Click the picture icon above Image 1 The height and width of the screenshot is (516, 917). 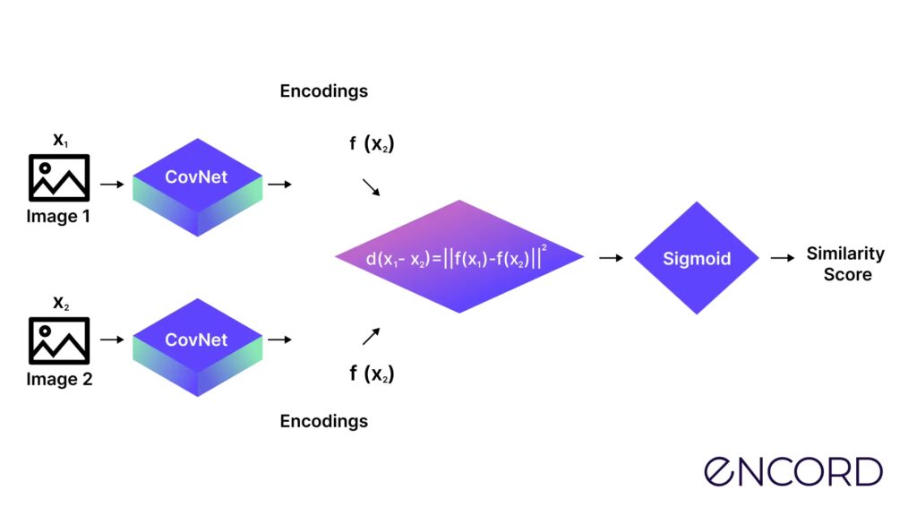click(x=59, y=177)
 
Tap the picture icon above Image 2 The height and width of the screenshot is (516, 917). click(x=59, y=340)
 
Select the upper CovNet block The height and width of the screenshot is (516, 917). click(x=196, y=183)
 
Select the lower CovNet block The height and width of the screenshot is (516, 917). click(x=196, y=346)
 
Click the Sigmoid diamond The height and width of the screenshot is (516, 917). click(x=697, y=258)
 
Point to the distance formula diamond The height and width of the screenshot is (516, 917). click(x=459, y=257)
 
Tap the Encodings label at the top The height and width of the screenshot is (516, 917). click(x=323, y=91)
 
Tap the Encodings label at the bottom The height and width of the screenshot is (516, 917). click(x=323, y=421)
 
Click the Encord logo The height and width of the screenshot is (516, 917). click(x=793, y=471)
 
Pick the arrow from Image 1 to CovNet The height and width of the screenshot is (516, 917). click(x=111, y=185)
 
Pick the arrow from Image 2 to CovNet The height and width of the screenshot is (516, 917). click(x=111, y=340)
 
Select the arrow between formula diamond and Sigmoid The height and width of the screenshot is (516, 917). click(x=611, y=258)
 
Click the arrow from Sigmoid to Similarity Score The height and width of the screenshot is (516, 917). click(x=782, y=258)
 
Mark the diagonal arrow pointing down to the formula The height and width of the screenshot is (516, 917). click(x=371, y=187)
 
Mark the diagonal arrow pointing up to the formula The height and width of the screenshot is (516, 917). click(x=371, y=336)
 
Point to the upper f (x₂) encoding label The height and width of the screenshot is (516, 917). click(x=372, y=143)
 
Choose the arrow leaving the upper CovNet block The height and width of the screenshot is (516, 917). click(x=279, y=185)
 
